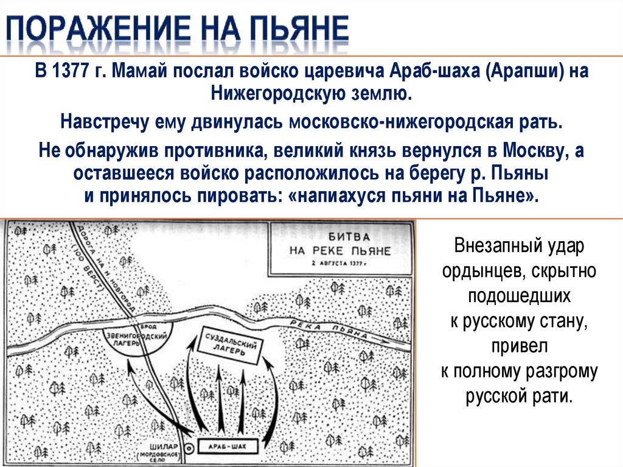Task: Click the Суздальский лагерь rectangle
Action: pyautogui.click(x=232, y=349)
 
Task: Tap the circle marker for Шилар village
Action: pyautogui.click(x=189, y=448)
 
